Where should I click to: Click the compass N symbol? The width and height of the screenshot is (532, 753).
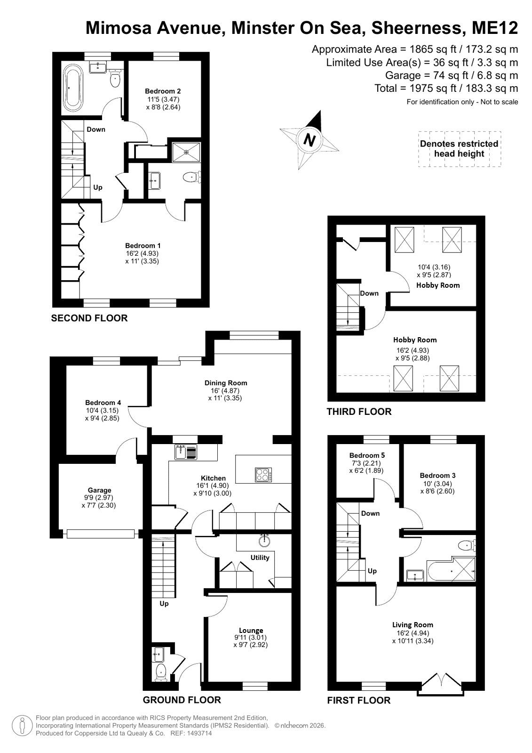[309, 139]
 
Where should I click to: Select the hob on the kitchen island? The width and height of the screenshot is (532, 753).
[263, 475]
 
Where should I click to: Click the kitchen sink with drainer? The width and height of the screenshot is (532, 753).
[186, 452]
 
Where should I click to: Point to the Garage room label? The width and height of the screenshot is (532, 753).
[99, 490]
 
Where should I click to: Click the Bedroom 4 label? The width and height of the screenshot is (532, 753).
[103, 402]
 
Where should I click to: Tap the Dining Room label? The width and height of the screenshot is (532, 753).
[226, 382]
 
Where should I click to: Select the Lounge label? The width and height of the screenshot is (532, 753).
[251, 630]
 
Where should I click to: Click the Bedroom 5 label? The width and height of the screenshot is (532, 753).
[367, 455]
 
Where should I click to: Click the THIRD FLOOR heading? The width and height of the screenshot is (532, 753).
[359, 412]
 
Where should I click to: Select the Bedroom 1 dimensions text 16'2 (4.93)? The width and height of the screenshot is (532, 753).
[142, 253]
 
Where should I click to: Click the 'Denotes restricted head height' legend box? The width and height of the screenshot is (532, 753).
[460, 149]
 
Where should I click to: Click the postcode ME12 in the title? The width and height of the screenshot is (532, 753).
[495, 28]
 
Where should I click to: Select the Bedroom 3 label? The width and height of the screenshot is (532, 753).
[437, 475]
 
